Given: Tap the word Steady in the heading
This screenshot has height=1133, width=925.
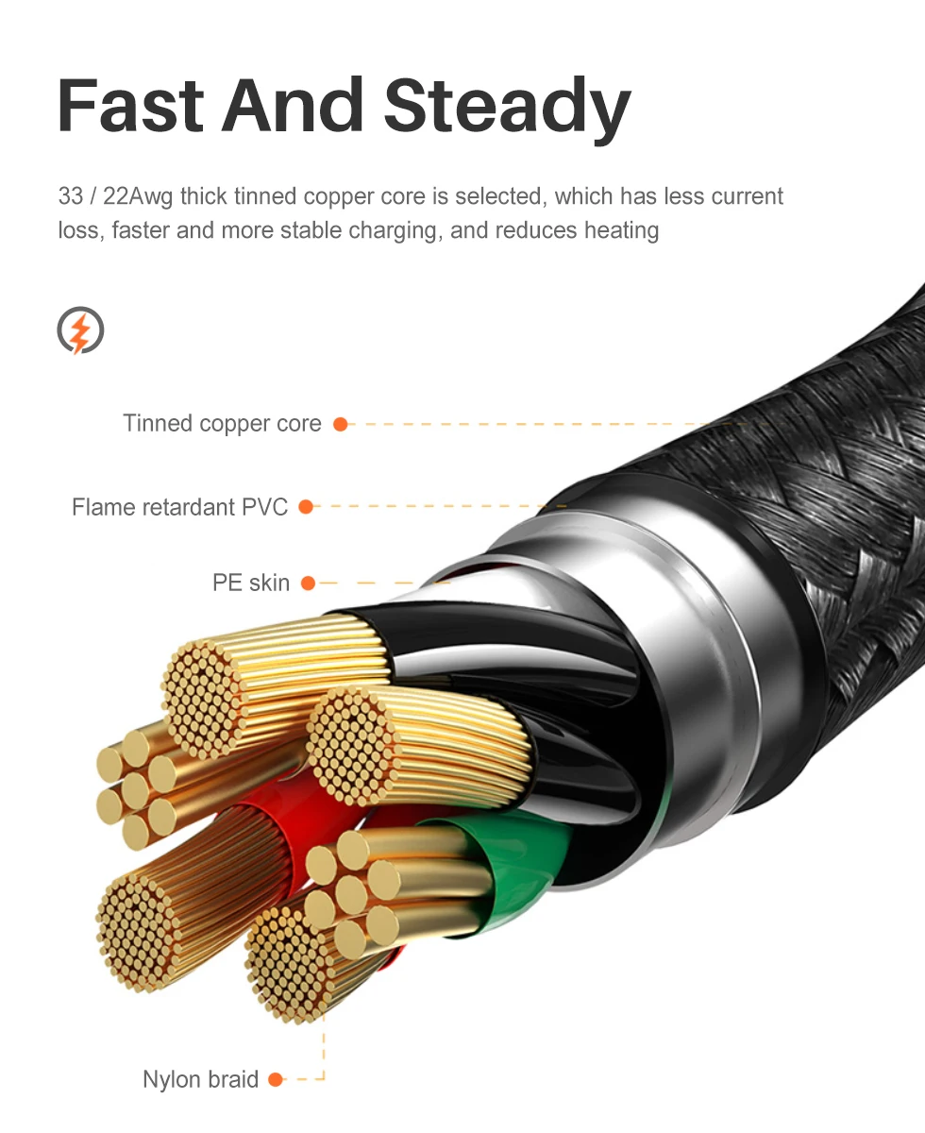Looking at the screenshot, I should point(507,106).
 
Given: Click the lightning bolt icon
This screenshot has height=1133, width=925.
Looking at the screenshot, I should point(80,330).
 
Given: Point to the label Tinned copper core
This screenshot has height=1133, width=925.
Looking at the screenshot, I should point(222,423).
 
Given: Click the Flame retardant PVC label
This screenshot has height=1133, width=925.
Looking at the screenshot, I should point(179,507).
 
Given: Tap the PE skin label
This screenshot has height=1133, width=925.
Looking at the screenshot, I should point(250,583).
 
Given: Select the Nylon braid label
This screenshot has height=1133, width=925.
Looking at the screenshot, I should point(200,1079).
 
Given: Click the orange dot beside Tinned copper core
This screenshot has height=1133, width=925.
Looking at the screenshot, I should point(341,424).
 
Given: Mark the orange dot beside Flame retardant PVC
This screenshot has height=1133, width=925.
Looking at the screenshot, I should point(305,507).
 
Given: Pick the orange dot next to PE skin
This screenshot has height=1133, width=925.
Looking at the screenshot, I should point(307,583).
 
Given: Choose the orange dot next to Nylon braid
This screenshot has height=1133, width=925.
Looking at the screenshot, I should point(276,1079).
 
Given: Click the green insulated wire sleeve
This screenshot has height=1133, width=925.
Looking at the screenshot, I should point(524,864).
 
